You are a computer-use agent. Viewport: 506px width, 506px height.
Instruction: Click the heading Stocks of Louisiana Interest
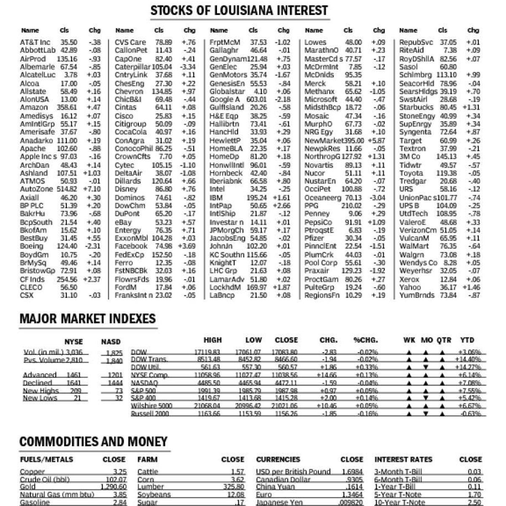[239, 11]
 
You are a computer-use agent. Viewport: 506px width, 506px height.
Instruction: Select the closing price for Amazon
[67, 108]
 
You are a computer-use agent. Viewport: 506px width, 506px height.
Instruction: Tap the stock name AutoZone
[37, 189]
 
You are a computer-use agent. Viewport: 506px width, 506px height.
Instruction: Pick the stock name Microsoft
[321, 100]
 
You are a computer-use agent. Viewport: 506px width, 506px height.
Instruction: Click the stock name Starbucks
[416, 108]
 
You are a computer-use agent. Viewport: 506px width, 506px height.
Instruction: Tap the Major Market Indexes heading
[88, 319]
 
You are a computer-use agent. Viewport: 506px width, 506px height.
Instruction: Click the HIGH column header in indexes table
[213, 340]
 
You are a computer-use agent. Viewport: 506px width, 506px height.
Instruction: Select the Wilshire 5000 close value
[285, 406]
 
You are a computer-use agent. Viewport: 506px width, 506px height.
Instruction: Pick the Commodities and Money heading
[94, 441]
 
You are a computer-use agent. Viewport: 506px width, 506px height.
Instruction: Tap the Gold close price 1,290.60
[114, 487]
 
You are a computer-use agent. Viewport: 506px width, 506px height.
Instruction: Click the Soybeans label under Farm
[154, 495]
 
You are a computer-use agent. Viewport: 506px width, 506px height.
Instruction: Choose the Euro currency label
[264, 495]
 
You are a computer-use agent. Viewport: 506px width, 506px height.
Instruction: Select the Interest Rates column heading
[403, 460]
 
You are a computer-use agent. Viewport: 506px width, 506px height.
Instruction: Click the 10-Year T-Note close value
[474, 502]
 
